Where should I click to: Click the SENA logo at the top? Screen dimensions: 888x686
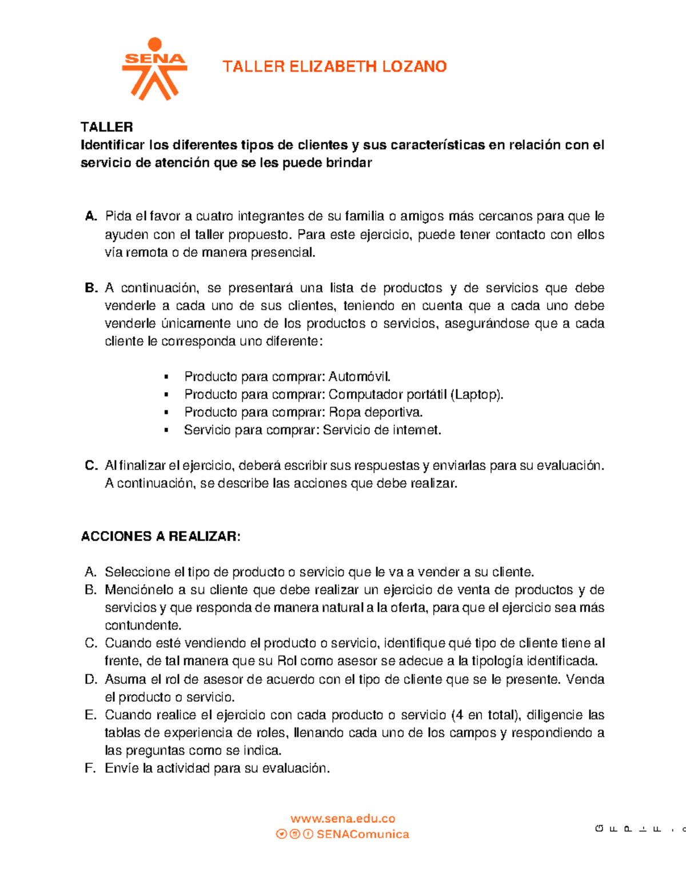154,69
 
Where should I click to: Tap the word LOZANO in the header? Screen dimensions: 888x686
414,67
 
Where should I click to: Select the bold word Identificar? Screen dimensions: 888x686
113,145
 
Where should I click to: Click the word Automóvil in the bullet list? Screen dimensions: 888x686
360,377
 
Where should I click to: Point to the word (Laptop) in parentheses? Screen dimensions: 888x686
477,395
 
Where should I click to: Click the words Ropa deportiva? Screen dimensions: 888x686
376,412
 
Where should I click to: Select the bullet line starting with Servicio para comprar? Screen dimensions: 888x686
312,430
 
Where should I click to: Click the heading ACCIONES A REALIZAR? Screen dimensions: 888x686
161,536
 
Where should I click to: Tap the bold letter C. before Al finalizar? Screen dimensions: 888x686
91,465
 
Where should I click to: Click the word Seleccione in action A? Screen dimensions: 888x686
137,572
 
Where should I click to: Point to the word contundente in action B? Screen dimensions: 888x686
142,625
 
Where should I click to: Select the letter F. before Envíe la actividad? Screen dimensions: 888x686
90,768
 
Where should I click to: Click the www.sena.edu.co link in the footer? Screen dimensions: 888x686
342,819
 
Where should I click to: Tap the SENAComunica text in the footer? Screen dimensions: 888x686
362,834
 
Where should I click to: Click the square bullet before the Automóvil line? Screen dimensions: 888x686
166,377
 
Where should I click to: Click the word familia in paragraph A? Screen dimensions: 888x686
365,216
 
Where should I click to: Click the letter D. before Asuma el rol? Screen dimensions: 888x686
91,679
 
